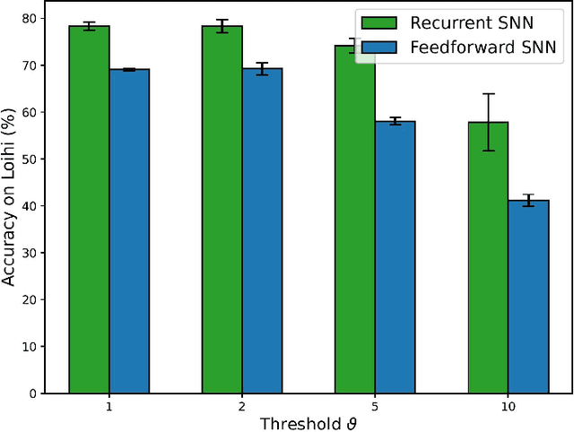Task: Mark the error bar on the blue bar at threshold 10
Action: coord(528,201)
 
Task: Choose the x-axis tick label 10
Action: coord(508,406)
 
